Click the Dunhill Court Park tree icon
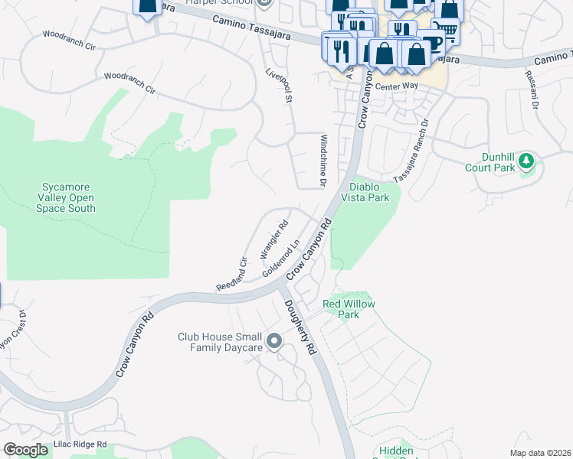click(x=526, y=161)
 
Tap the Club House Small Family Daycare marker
click(x=273, y=341)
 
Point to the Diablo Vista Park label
click(x=369, y=192)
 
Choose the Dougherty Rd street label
click(x=300, y=326)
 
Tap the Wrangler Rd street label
click(x=273, y=238)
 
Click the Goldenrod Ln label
click(x=280, y=261)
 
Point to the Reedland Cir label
click(x=231, y=272)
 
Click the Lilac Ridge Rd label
click(x=80, y=444)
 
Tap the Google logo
click(x=25, y=450)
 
